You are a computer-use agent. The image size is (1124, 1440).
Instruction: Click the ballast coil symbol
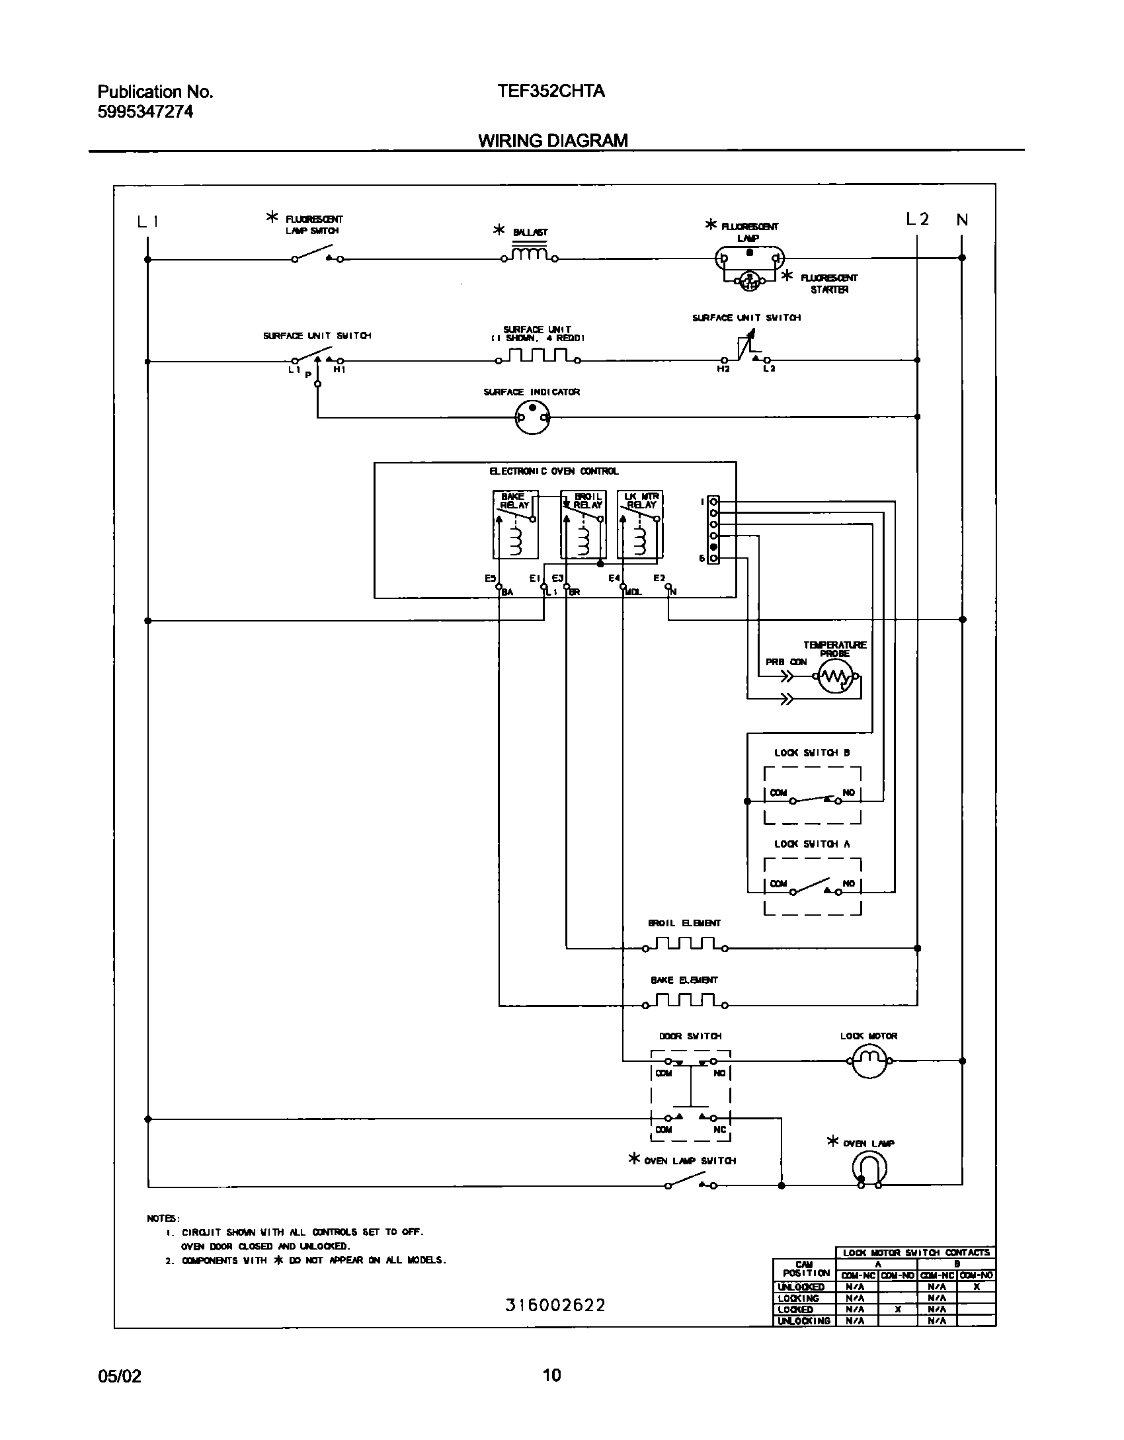click(x=529, y=255)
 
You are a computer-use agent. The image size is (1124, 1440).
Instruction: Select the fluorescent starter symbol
click(x=748, y=281)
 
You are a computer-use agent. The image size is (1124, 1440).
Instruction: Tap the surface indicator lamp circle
click(x=532, y=418)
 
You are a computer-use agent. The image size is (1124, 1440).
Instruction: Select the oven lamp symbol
click(x=869, y=1169)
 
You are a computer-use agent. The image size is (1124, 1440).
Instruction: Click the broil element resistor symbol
click(x=684, y=943)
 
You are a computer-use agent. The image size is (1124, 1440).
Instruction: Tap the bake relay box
click(x=516, y=525)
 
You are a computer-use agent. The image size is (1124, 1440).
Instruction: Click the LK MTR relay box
click(x=640, y=525)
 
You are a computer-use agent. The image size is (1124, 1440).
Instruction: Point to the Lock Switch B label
click(x=812, y=752)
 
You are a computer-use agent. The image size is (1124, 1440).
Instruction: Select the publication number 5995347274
click(x=145, y=112)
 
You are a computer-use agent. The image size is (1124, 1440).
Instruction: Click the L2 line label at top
click(x=917, y=220)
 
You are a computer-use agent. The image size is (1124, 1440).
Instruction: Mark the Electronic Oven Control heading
click(x=554, y=471)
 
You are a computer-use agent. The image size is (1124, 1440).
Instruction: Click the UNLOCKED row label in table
click(x=801, y=1287)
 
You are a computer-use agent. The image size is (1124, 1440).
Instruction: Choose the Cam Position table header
click(x=804, y=1269)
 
